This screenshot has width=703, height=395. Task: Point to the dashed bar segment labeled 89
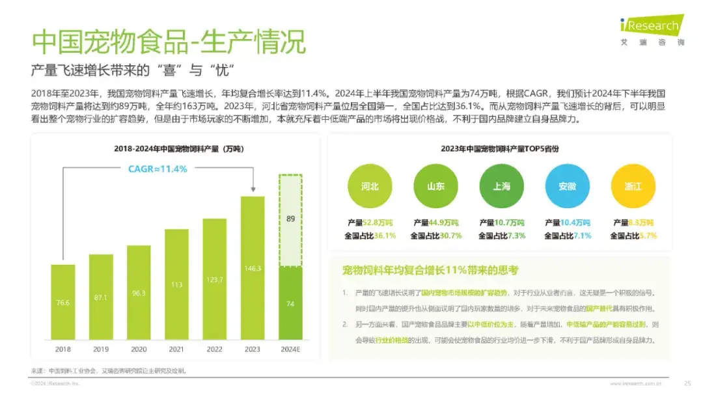pyautogui.click(x=290, y=219)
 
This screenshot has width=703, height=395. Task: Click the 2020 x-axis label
pyautogui.click(x=138, y=349)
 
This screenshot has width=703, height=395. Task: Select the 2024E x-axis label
pyautogui.click(x=290, y=349)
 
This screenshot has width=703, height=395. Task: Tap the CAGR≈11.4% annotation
pyautogui.click(x=157, y=169)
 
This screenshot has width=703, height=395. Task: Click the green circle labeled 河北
pyautogui.click(x=370, y=187)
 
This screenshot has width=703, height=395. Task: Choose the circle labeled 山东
pyautogui.click(x=435, y=187)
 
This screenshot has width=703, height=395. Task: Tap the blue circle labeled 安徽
pyautogui.click(x=567, y=187)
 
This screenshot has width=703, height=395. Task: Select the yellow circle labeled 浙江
pyautogui.click(x=633, y=187)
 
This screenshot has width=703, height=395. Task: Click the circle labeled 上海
pyautogui.click(x=501, y=187)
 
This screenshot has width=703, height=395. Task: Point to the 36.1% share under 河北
pyautogui.click(x=383, y=236)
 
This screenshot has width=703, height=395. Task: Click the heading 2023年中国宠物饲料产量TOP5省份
pyautogui.click(x=500, y=149)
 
